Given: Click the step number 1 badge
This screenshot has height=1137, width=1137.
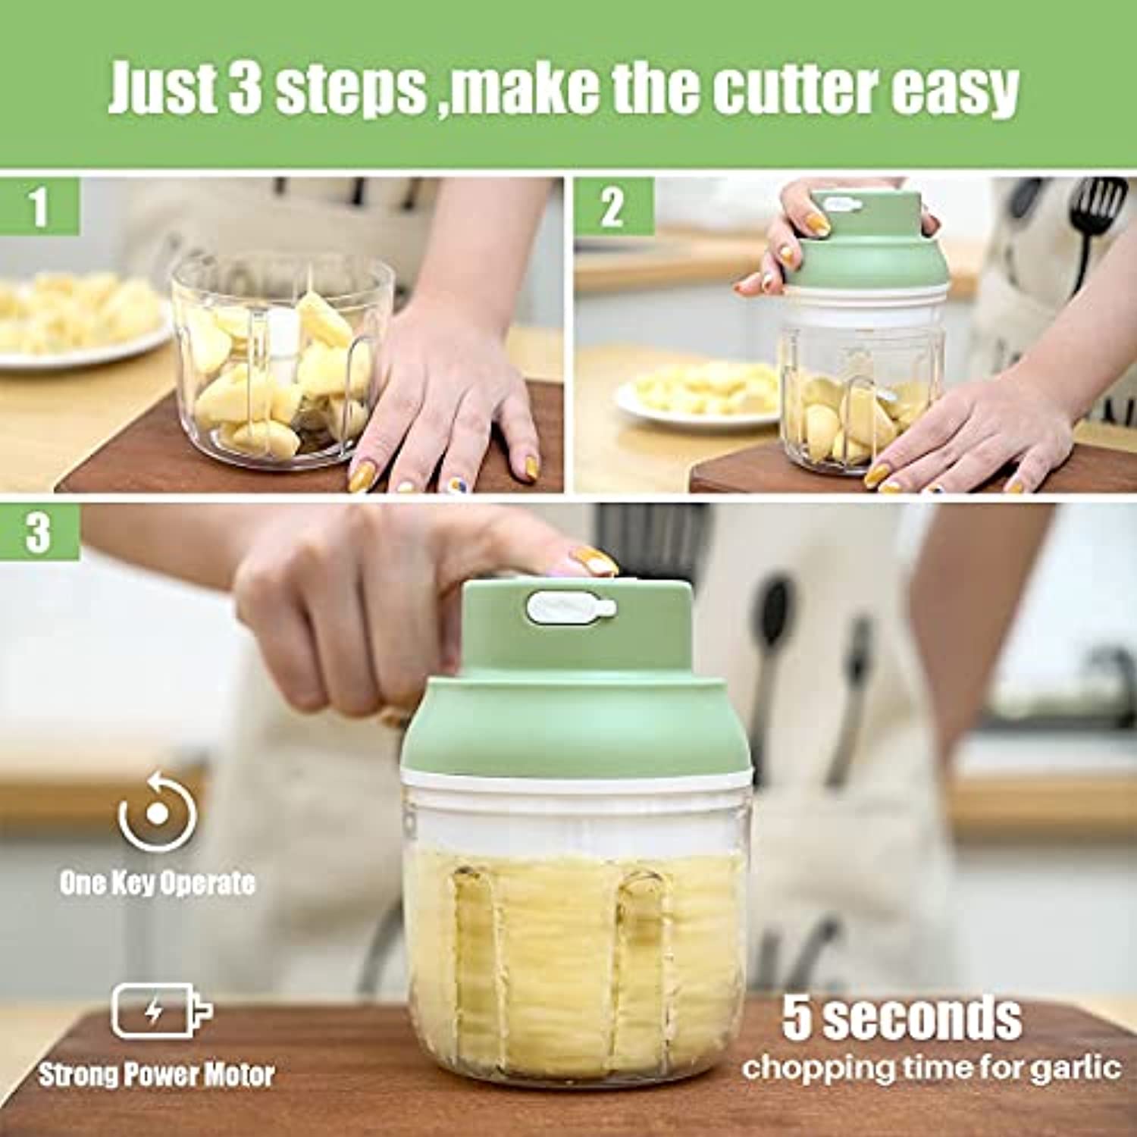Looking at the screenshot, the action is tap(39, 206).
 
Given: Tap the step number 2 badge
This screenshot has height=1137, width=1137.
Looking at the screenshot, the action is tap(613, 206).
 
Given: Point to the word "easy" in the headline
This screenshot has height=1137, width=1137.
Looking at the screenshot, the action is tap(957, 93).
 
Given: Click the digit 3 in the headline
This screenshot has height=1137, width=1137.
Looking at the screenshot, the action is tap(244, 89).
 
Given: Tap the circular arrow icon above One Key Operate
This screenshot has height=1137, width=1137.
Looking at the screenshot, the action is tap(157, 811).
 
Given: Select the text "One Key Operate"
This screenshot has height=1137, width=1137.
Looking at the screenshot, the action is tap(157, 883).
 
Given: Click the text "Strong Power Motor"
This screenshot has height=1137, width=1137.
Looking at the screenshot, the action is tap(156, 1074).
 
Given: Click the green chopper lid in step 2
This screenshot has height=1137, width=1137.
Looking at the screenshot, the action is tap(864, 243).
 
